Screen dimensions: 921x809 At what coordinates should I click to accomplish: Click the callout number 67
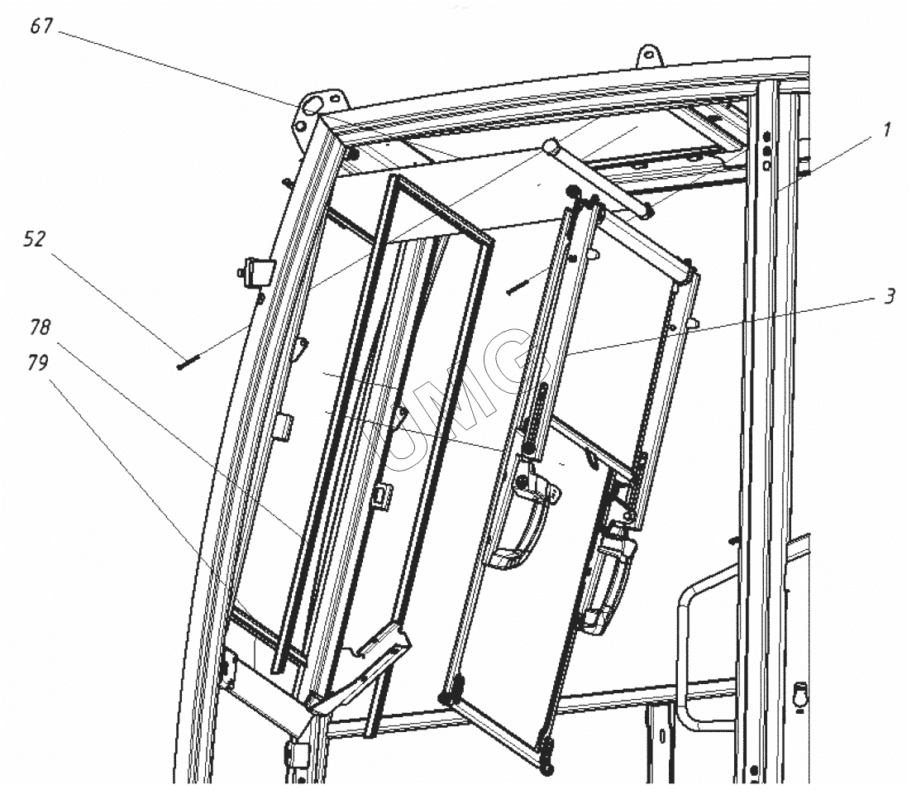tap(41, 26)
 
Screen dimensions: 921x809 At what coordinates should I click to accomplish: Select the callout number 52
tap(34, 238)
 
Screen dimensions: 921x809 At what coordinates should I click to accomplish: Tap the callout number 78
tap(40, 328)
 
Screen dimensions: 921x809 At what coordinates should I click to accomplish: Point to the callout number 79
tap(37, 362)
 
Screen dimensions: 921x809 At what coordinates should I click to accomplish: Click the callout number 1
tap(888, 130)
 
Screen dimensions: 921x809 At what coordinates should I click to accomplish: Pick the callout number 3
tap(890, 297)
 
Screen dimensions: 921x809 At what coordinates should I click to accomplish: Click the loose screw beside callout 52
tap(188, 361)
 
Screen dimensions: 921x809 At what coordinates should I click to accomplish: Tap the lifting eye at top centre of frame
tap(649, 55)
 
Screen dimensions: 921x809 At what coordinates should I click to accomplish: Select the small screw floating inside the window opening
tap(518, 287)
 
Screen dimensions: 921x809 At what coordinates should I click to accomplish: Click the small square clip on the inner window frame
tap(384, 493)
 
